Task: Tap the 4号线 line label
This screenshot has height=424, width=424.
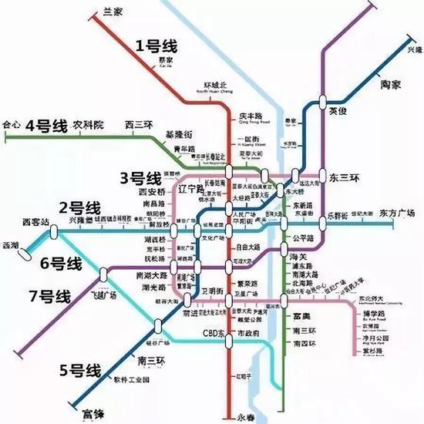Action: click(x=48, y=126)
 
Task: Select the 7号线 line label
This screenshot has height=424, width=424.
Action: click(x=49, y=295)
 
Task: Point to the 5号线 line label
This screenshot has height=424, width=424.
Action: click(x=80, y=370)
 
